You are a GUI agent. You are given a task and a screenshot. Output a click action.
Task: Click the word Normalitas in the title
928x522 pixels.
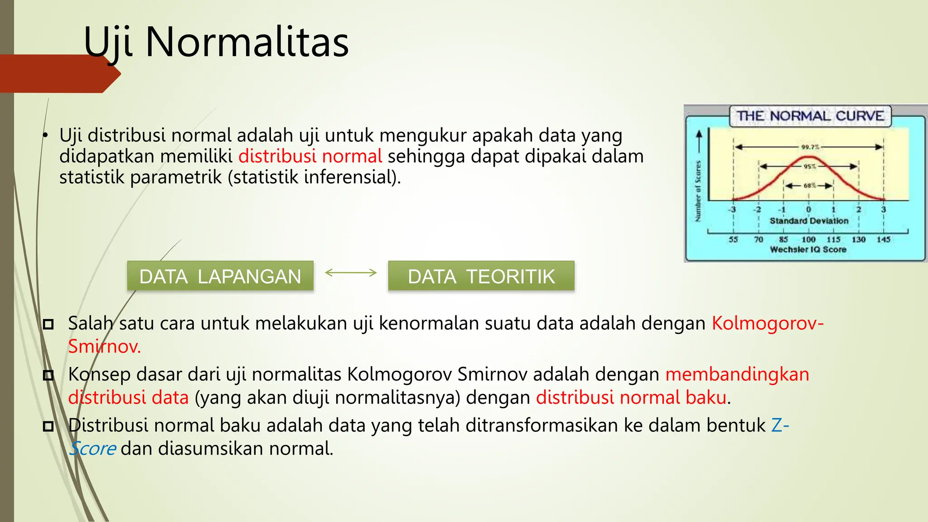[247, 42]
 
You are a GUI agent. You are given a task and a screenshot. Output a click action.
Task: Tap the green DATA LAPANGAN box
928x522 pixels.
[220, 276]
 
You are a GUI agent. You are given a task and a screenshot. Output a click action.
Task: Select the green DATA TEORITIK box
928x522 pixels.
[481, 276]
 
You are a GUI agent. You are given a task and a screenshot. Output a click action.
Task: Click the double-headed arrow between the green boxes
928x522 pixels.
[351, 272]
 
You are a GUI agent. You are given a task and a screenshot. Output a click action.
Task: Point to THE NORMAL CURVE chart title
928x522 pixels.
[810, 116]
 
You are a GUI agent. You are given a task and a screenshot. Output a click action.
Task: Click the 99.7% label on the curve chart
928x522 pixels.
[810, 147]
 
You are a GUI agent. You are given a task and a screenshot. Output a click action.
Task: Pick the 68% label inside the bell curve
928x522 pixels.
[810, 186]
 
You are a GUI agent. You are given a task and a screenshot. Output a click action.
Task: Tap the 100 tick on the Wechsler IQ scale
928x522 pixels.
[808, 239]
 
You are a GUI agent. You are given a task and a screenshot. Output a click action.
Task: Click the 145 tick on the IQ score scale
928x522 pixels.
[884, 239]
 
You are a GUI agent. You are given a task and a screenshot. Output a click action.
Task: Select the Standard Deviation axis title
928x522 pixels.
[809, 221]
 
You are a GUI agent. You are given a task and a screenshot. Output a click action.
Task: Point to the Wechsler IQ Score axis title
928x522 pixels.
[808, 249]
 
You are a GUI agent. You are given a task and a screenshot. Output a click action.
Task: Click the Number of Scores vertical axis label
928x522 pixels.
[698, 191]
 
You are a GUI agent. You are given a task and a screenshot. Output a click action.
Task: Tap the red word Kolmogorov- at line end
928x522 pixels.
[768, 324]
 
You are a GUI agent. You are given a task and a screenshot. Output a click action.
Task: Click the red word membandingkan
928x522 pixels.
[737, 375]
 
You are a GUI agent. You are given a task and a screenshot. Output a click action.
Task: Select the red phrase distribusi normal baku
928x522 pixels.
[632, 397]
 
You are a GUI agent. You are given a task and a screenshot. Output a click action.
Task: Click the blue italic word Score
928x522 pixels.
[92, 449]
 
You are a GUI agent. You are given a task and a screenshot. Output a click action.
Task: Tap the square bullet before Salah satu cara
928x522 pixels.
[48, 324]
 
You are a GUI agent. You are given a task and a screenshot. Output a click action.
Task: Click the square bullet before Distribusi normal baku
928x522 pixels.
[48, 426]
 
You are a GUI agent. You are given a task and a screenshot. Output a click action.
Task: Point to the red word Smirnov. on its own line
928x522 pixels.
[105, 347]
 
